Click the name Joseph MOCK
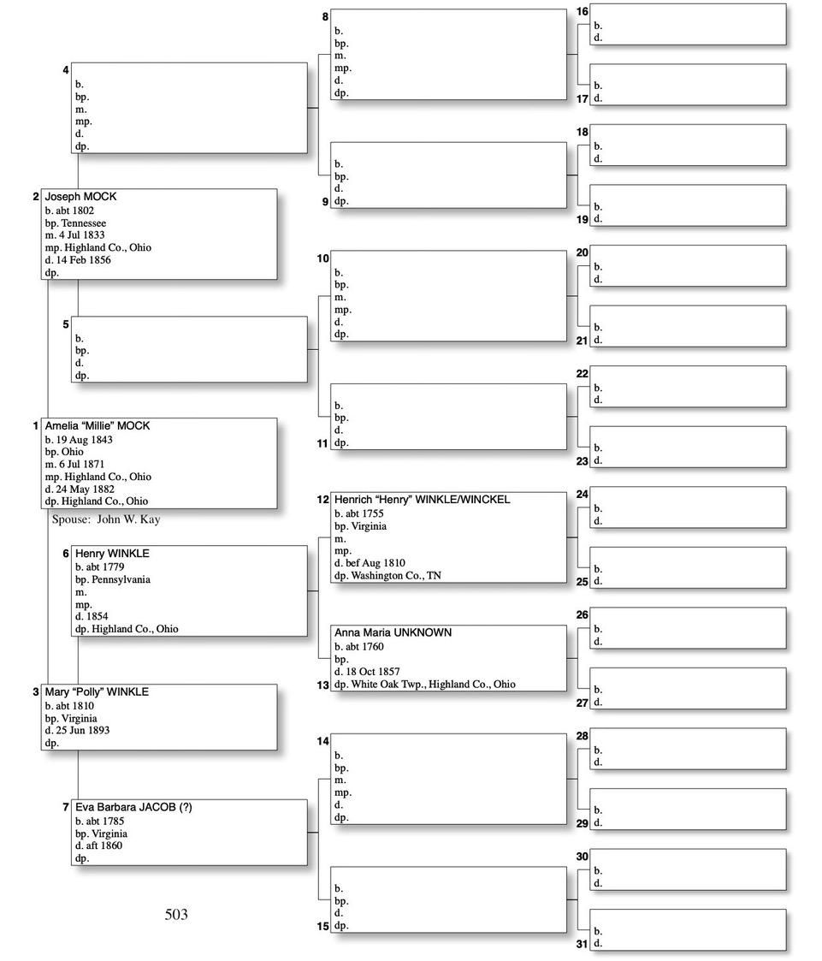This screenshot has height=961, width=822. [80, 197]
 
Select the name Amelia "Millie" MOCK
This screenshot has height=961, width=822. [98, 426]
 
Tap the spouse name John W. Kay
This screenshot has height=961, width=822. [128, 519]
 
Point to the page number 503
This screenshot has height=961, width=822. [176, 915]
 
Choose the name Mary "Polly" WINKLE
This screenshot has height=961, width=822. [97, 692]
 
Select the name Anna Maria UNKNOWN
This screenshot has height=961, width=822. [393, 633]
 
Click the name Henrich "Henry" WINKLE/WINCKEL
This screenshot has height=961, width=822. [422, 500]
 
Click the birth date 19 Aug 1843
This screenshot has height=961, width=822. [84, 440]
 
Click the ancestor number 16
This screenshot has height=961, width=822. [582, 12]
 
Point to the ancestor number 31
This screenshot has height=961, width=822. [582, 945]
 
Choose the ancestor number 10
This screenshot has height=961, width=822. [323, 258]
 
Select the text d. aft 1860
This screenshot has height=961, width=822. [99, 845]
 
